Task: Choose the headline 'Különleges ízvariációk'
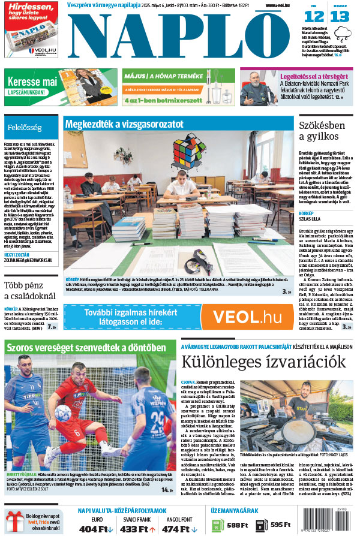coord(264,362)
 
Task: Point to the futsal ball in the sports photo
coord(62,412)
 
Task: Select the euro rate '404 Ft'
coord(95,529)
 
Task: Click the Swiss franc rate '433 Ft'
coord(137,529)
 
